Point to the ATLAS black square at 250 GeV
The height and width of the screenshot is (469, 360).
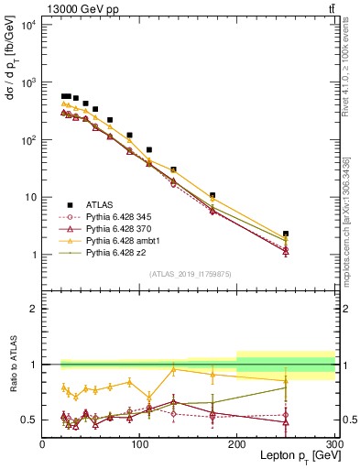(x=286, y=234)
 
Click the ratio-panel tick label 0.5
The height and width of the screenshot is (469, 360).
(x=29, y=420)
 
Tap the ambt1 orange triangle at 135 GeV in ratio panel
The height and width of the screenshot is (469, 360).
(x=173, y=369)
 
